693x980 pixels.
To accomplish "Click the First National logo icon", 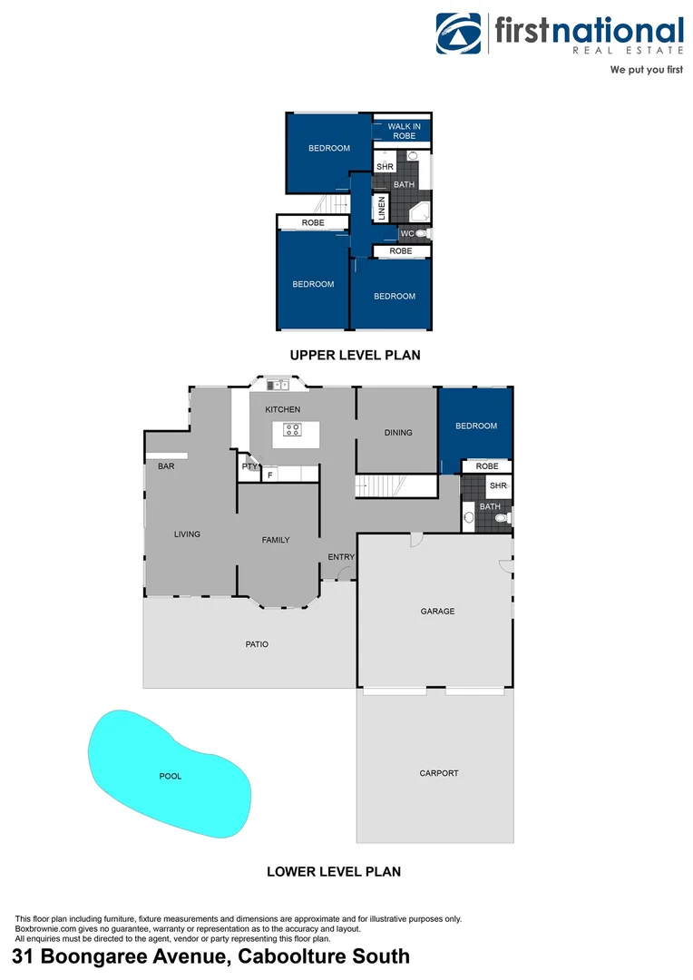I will tap(460, 34).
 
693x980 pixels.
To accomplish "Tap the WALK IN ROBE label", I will tap(404, 131).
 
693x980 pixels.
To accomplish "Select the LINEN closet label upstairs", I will tap(382, 209).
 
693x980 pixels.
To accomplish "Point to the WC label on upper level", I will tap(406, 234).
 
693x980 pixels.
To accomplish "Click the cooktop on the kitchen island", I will tap(292, 430).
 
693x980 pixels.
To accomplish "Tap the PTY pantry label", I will tap(249, 466).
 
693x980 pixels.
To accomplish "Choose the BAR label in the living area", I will tap(166, 466).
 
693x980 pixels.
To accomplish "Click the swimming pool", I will tap(170, 776).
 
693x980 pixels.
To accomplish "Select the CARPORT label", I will tap(438, 773).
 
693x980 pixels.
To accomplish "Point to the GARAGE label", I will tap(437, 612).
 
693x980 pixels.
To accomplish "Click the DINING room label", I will tap(398, 433).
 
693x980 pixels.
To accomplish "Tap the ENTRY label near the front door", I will tap(341, 557).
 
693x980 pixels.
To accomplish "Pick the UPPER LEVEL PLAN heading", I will tap(355, 355).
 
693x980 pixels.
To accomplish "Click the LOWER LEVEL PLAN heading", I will tap(334, 872).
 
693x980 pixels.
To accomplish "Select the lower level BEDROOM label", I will tap(476, 426).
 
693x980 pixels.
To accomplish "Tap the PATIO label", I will tap(257, 644).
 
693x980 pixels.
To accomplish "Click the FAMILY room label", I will tap(276, 540).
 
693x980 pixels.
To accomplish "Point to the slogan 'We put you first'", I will tap(646, 70).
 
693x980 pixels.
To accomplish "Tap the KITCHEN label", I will tap(282, 409).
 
